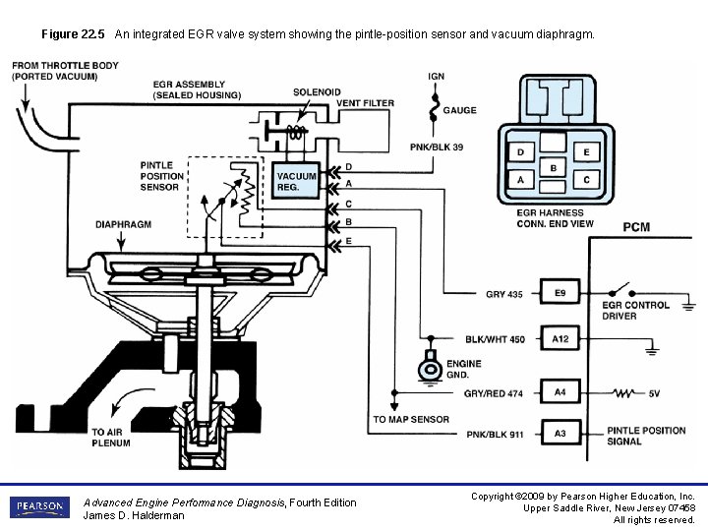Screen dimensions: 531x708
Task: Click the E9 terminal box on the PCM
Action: point(560,294)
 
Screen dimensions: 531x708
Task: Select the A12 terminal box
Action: point(560,339)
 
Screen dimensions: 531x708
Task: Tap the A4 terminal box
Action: point(560,392)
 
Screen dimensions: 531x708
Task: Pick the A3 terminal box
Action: point(560,433)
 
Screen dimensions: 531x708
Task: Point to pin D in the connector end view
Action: point(520,152)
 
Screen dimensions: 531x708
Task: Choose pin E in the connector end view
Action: point(586,152)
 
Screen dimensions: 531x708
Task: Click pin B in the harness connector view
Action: point(554,167)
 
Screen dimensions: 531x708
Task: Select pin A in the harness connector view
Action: point(520,180)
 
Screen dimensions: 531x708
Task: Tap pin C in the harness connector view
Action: point(586,180)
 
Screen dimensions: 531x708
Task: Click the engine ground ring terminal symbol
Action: point(429,369)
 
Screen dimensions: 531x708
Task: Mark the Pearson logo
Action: point(40,507)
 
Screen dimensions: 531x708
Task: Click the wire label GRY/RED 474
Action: point(494,393)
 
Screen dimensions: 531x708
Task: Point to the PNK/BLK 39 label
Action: point(437,147)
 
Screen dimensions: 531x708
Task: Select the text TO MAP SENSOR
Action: point(411,420)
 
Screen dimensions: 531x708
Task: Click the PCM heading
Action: point(636,227)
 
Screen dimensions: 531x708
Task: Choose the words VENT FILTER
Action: point(365,103)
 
